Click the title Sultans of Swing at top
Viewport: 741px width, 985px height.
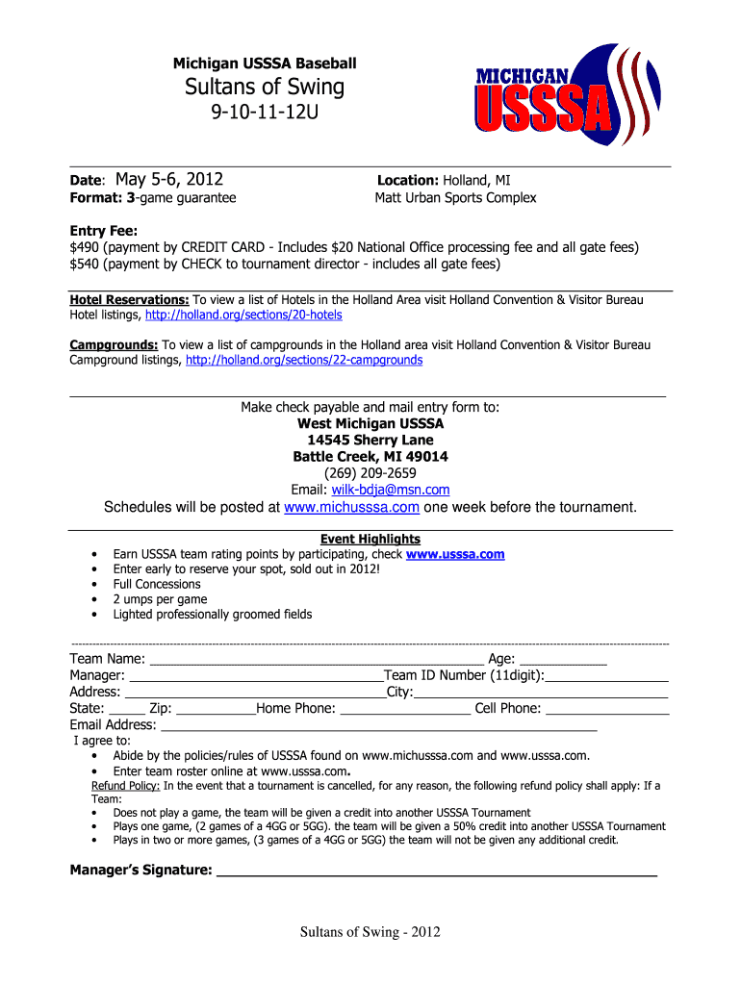point(265,88)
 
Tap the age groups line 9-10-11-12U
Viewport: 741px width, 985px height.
point(265,115)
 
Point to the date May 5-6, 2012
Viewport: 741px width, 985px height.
point(169,179)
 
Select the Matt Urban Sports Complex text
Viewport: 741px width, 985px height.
point(455,198)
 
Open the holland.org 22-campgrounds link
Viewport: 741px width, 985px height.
point(304,360)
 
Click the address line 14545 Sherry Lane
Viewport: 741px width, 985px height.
point(370,440)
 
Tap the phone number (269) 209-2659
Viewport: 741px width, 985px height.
point(370,472)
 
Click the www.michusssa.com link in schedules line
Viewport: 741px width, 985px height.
point(351,507)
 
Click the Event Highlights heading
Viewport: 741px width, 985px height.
point(370,539)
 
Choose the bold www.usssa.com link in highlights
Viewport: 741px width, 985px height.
point(455,554)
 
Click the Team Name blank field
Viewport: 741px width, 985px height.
point(318,660)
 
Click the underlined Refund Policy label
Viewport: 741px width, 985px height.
point(125,785)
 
